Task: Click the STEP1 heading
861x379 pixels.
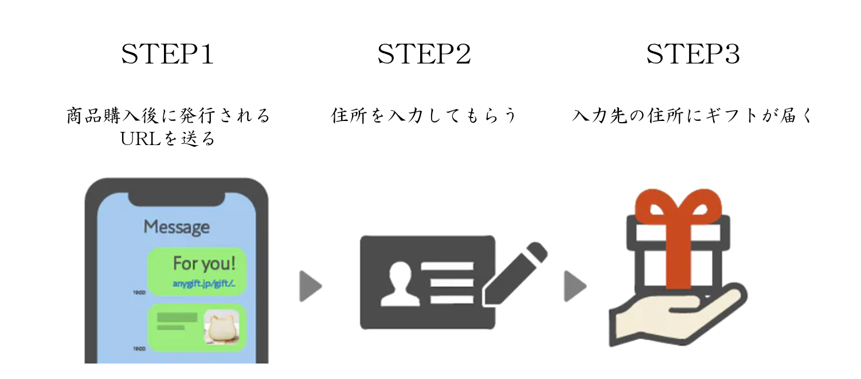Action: pyautogui.click(x=167, y=55)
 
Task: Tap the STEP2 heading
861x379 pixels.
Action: pyautogui.click(x=424, y=55)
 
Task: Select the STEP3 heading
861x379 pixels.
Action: pyautogui.click(x=692, y=55)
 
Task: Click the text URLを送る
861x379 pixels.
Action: pyautogui.click(x=168, y=139)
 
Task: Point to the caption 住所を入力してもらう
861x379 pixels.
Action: pyautogui.click(x=424, y=116)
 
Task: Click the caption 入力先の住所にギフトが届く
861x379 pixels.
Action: pyautogui.click(x=692, y=116)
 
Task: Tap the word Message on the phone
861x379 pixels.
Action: pyautogui.click(x=177, y=227)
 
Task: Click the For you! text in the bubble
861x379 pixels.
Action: pyautogui.click(x=204, y=264)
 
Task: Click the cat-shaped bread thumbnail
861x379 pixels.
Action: pyautogui.click(x=221, y=328)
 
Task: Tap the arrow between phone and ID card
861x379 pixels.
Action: pyautogui.click(x=310, y=285)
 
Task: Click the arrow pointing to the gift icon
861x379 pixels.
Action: pyautogui.click(x=574, y=285)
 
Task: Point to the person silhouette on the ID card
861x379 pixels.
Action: pyautogui.click(x=397, y=283)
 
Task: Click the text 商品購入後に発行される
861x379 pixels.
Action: pyautogui.click(x=168, y=116)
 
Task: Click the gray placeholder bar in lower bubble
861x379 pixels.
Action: pyautogui.click(x=177, y=317)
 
